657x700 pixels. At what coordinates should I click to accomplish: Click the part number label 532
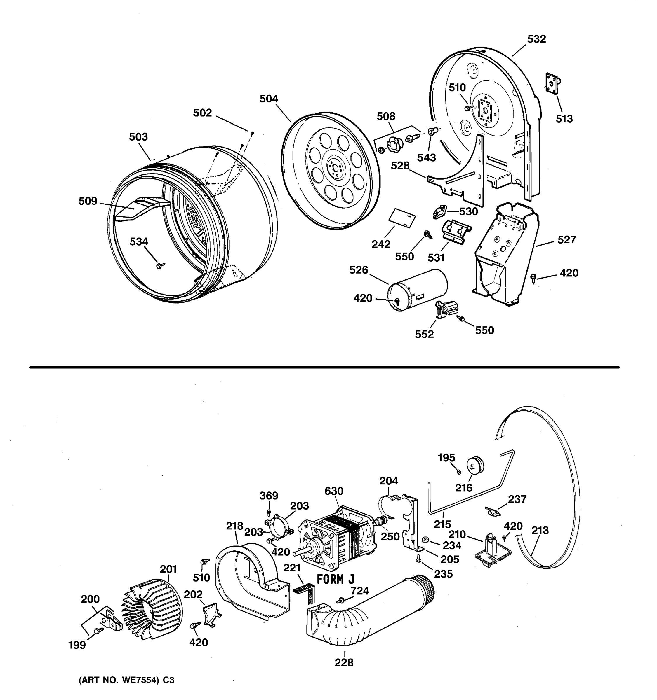tap(536, 39)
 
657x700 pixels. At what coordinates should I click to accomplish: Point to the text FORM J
tap(335, 580)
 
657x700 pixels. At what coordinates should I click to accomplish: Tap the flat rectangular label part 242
tap(402, 218)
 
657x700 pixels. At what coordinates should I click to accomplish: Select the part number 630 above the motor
tap(334, 491)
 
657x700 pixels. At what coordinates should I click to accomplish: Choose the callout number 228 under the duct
tap(344, 663)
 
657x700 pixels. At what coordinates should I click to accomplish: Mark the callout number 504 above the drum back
tap(269, 99)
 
